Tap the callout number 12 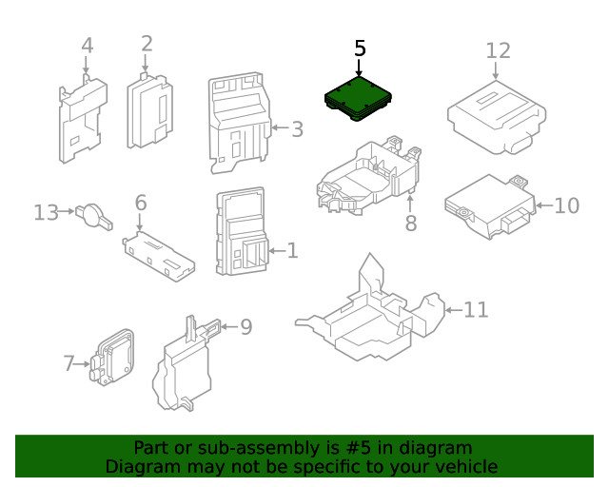499,49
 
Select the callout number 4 87,45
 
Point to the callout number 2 147,43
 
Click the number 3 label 297,128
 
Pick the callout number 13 46,213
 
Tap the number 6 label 141,203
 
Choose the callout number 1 292,251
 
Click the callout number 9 246,327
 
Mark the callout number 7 69,362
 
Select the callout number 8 411,224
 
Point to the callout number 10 566,205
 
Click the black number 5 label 360,48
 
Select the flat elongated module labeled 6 159,255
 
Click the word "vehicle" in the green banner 463,466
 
